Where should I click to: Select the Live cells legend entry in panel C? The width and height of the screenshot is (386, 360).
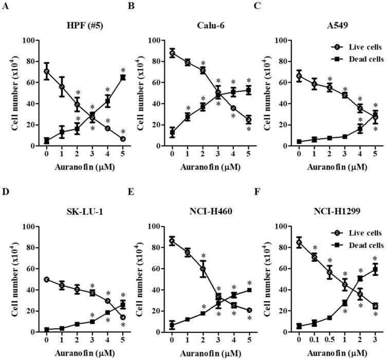point(358,46)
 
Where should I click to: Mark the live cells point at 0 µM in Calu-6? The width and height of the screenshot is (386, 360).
point(172,53)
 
